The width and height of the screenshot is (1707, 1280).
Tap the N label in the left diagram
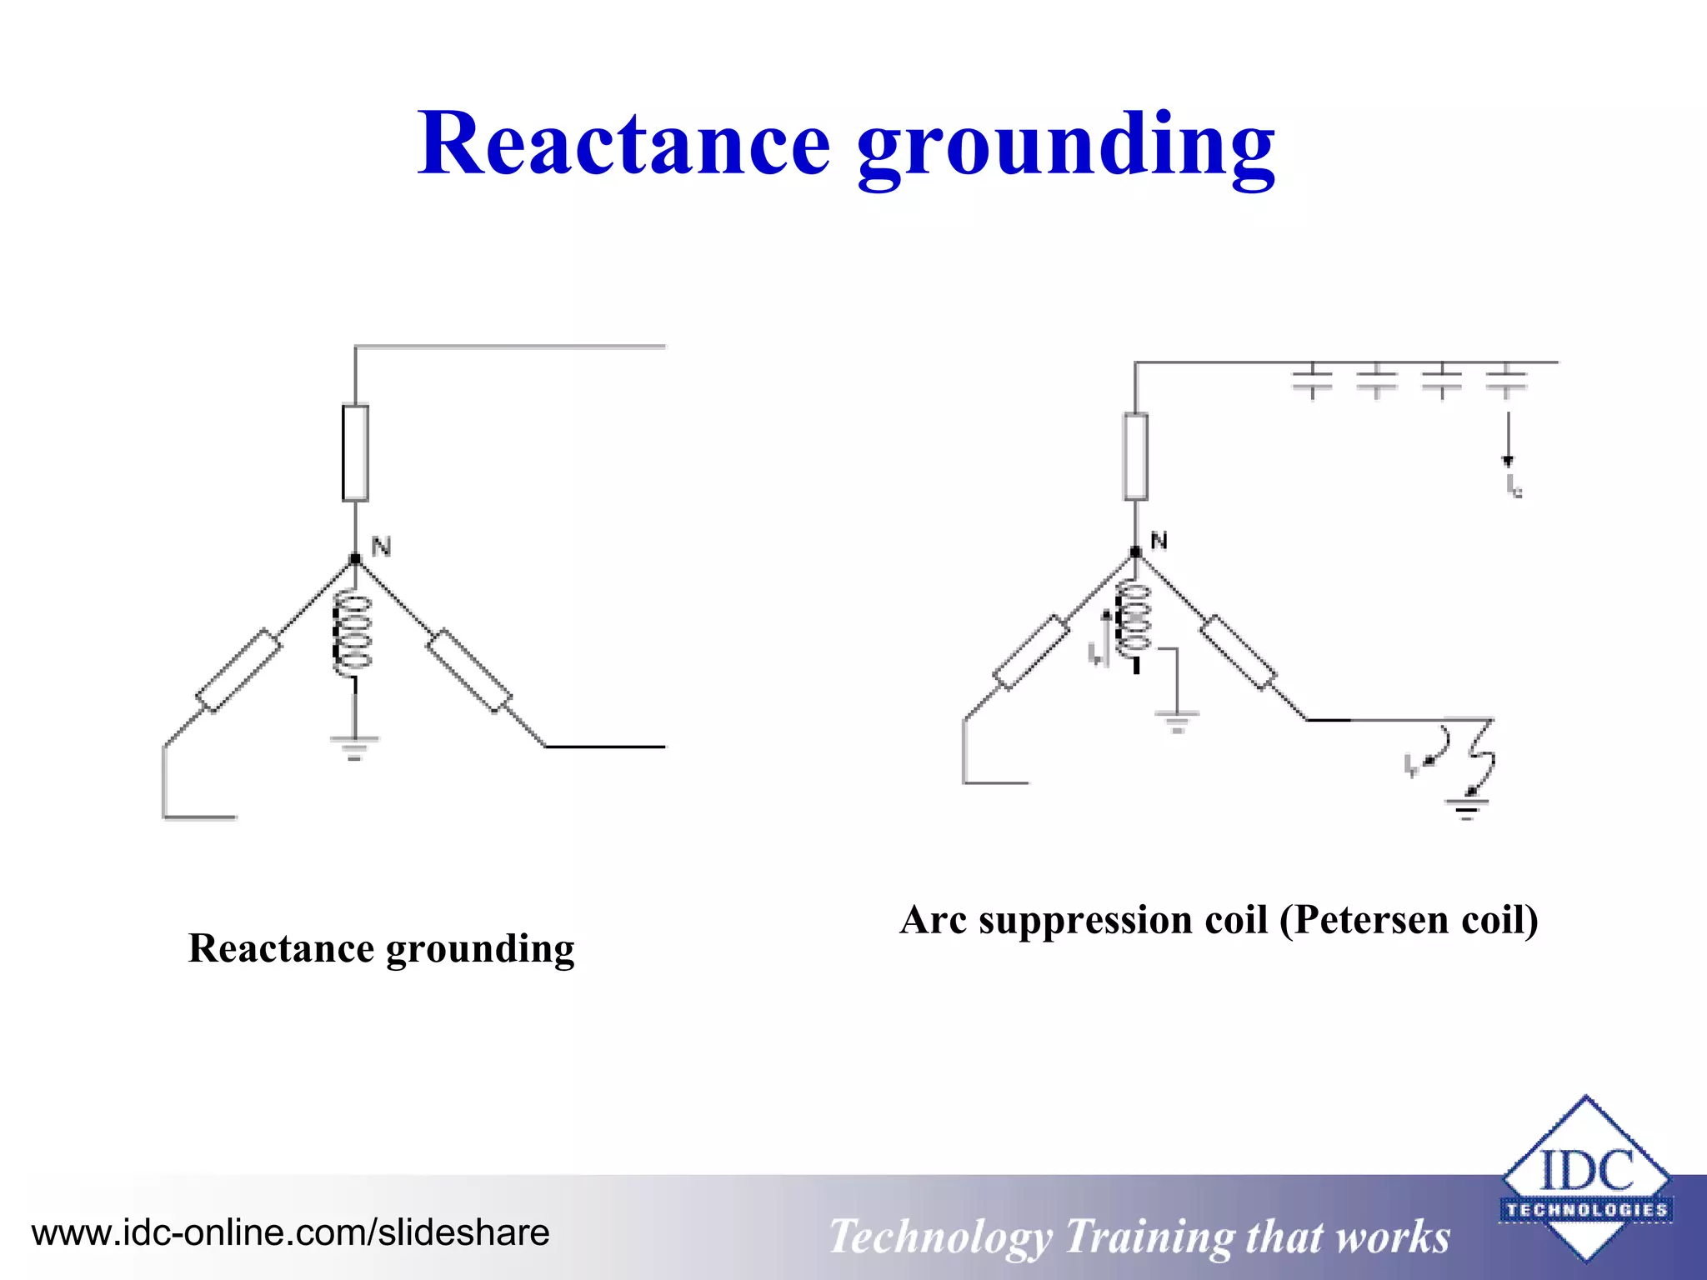381,547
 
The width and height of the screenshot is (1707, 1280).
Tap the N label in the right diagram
1159,541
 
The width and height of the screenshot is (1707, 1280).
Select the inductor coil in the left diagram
352,634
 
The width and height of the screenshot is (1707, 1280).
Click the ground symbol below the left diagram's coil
354,747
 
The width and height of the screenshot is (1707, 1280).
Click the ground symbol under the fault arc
1466,809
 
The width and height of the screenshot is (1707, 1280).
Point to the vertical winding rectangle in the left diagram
356,452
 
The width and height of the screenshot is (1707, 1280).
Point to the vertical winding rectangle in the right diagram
1135,457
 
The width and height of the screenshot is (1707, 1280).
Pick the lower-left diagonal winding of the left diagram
238,672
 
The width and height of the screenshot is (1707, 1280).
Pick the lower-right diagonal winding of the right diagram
1238,652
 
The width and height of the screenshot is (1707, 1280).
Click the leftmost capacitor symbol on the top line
1312,380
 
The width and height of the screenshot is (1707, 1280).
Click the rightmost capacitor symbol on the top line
1506,380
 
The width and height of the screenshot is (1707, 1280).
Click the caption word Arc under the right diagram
933,920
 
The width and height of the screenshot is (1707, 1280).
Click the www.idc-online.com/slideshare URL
290,1232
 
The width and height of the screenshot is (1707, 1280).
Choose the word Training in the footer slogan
1149,1236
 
